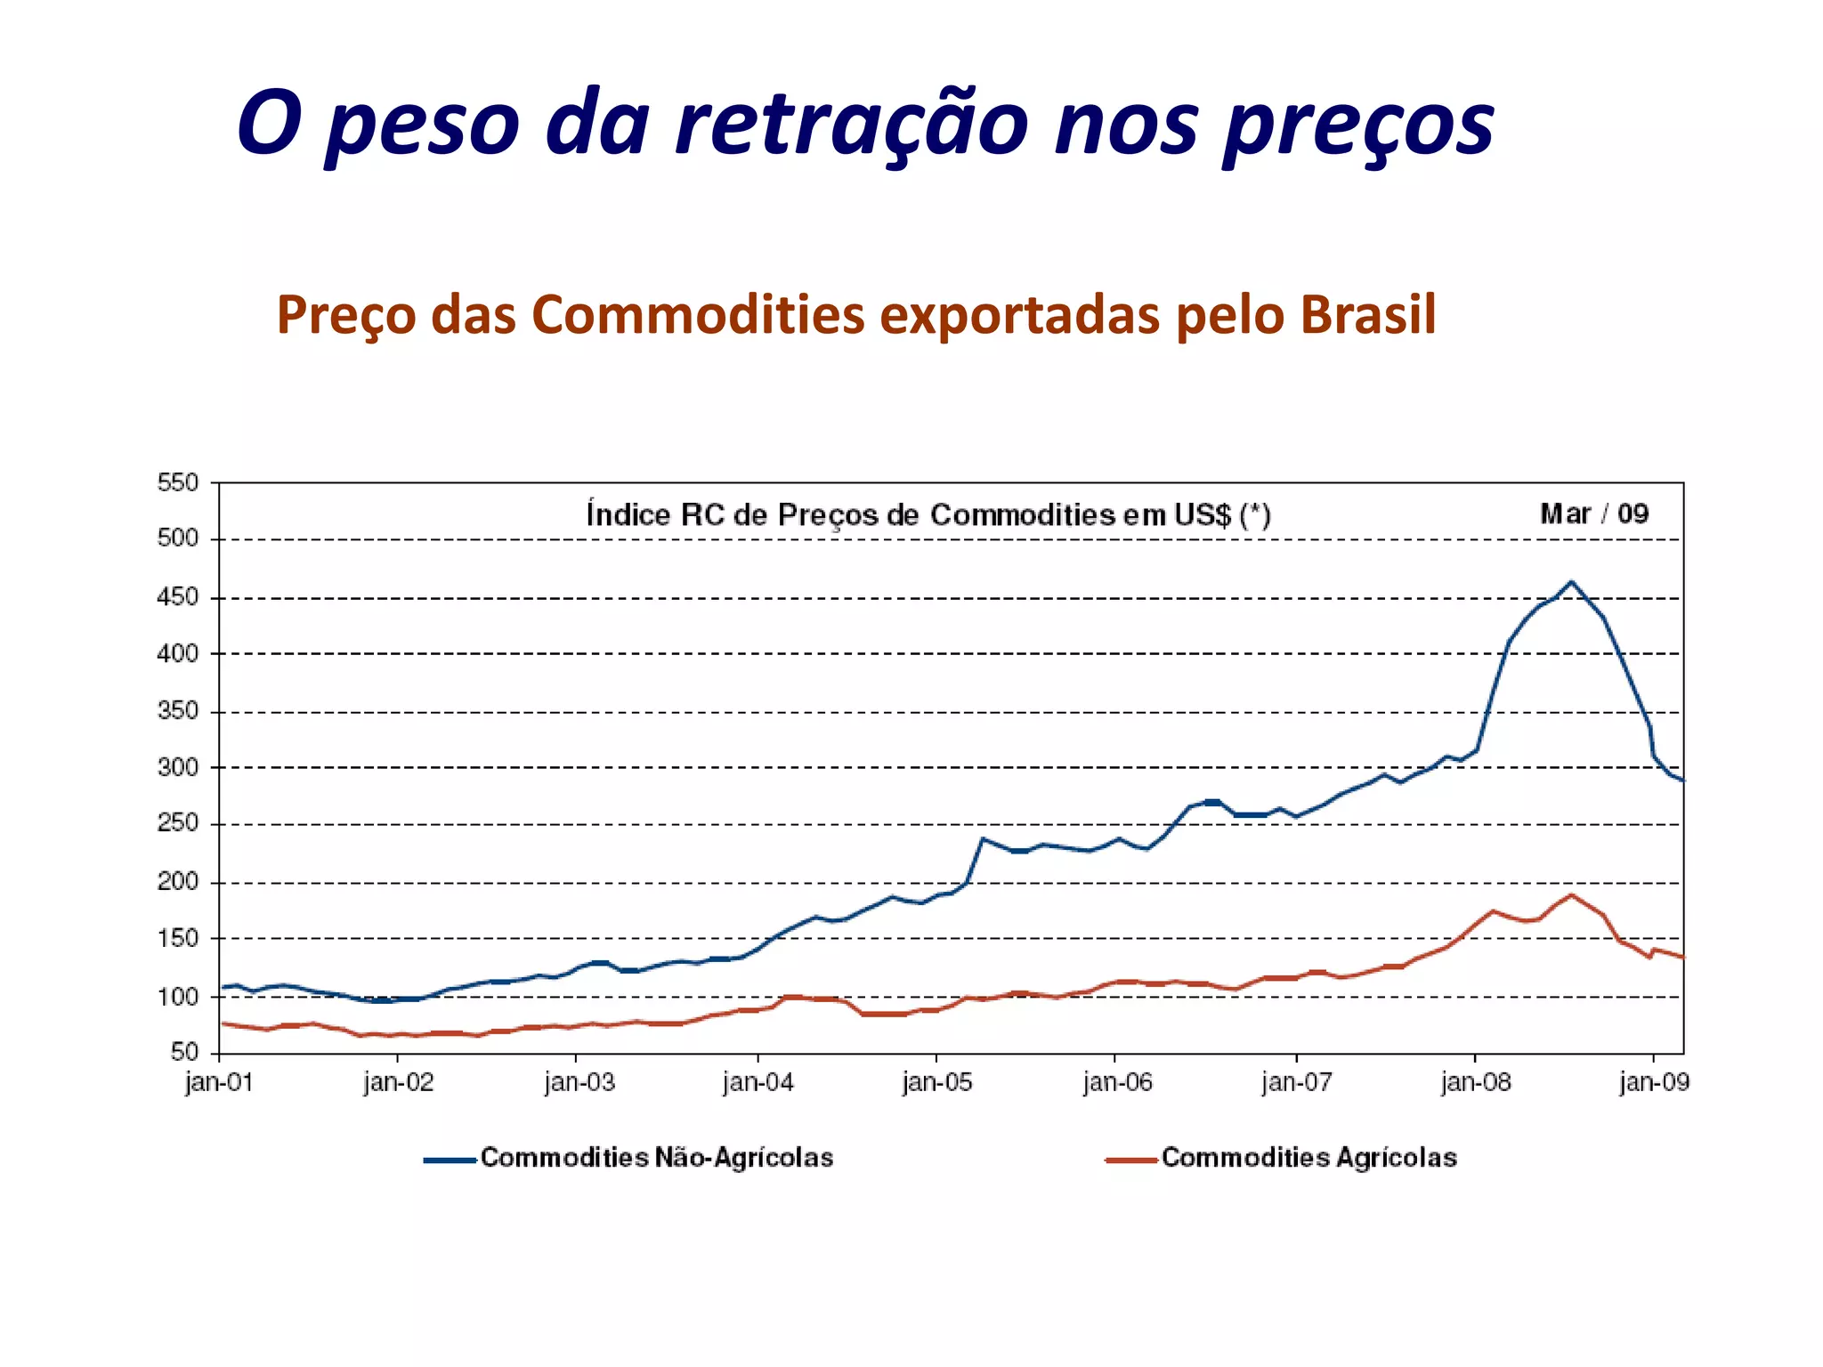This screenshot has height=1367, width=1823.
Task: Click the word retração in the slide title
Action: pyautogui.click(x=851, y=125)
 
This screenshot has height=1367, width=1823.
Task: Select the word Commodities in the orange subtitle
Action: pyautogui.click(x=698, y=315)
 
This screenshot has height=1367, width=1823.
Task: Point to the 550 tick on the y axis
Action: pyautogui.click(x=178, y=483)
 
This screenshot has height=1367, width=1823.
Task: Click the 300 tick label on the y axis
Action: pyautogui.click(x=178, y=767)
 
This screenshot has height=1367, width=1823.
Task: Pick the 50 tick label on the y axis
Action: pyautogui.click(x=184, y=1053)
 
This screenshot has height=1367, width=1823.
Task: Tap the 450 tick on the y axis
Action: pyautogui.click(x=178, y=597)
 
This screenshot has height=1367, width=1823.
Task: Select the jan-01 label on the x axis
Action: pyautogui.click(x=219, y=1083)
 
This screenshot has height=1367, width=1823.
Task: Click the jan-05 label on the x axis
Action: pyautogui.click(x=936, y=1083)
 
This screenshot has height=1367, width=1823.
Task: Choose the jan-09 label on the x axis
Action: pyautogui.click(x=1654, y=1083)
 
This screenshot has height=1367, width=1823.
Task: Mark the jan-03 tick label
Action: pyautogui.click(x=579, y=1083)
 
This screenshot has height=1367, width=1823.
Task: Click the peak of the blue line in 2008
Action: pyautogui.click(x=1571, y=582)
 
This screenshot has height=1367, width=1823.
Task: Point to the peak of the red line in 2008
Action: pyautogui.click(x=1571, y=895)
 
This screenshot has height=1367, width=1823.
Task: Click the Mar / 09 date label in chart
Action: pyautogui.click(x=1594, y=514)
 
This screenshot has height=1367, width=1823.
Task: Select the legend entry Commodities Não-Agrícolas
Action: pyautogui.click(x=657, y=1158)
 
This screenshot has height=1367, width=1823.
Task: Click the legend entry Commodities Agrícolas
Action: pyautogui.click(x=1309, y=1158)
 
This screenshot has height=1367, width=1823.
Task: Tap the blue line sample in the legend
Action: pyautogui.click(x=450, y=1160)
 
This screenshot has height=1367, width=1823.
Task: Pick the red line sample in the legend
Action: pyautogui.click(x=1130, y=1160)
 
